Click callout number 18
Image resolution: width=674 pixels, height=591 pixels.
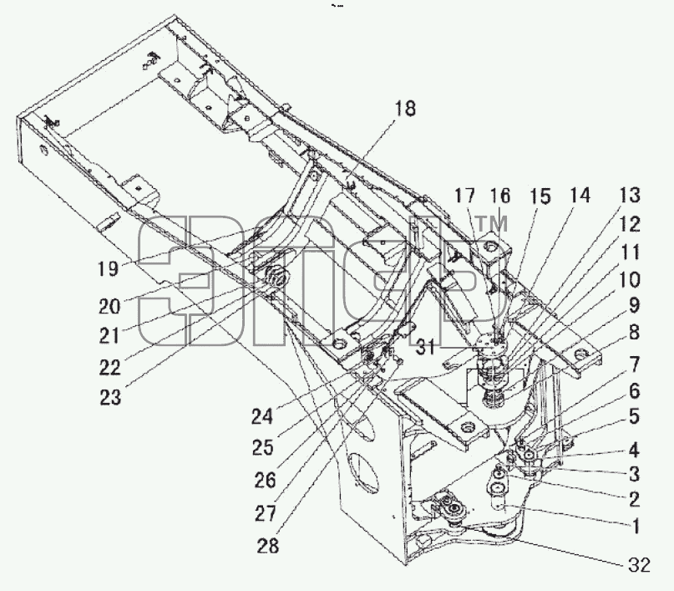(404, 109)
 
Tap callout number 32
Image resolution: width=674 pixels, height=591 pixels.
(639, 565)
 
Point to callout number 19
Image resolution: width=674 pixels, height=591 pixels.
(108, 269)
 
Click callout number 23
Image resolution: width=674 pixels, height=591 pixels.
(110, 397)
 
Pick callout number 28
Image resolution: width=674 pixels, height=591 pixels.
(268, 545)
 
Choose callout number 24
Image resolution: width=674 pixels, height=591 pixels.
(262, 416)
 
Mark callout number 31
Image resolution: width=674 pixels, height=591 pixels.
(426, 347)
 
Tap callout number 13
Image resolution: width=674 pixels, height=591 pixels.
(630, 195)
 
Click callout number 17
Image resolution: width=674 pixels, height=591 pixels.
(465, 196)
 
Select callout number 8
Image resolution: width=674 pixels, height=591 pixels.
(634, 333)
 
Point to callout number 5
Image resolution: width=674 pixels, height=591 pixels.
(634, 416)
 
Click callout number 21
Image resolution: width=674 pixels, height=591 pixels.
(109, 335)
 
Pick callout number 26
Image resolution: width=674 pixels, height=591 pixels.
(265, 480)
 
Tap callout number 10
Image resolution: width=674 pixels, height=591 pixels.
(630, 280)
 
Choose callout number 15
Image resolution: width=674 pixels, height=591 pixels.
(540, 196)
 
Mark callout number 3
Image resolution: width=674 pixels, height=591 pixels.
(635, 475)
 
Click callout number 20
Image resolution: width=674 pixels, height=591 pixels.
(109, 306)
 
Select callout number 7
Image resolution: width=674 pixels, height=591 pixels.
(635, 364)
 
